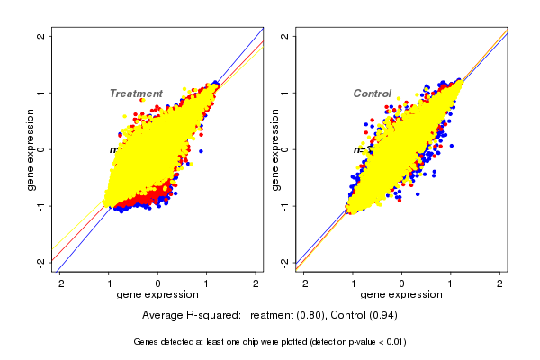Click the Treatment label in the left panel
pos(136,94)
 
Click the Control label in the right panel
pos(372,94)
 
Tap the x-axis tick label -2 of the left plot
pos(60,283)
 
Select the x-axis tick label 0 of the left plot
pos(158,283)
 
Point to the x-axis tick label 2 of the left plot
pos(256,283)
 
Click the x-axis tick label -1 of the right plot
pos(352,283)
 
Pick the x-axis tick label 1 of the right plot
pos(451,283)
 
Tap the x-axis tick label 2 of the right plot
pos(500,283)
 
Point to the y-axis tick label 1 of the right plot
pos(284,93)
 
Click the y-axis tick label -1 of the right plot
pos(284,206)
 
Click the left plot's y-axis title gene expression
pos(31,149)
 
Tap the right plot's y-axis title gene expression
pos(274,149)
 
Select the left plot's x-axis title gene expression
pos(157,295)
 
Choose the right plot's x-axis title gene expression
pos(401,295)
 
